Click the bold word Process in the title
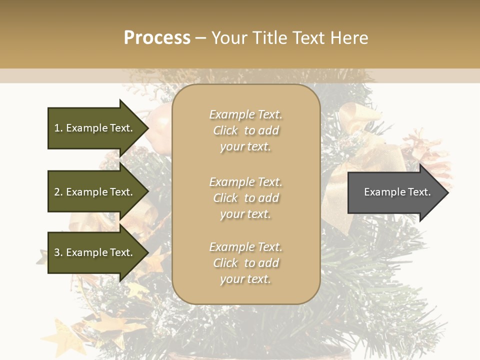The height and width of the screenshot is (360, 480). click(157, 38)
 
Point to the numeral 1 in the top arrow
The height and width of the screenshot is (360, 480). click(57, 128)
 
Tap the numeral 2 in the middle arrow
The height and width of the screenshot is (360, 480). click(57, 192)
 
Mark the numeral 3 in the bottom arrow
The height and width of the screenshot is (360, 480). click(57, 252)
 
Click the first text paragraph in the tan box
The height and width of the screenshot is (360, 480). click(245, 130)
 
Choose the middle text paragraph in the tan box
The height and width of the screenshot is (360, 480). click(245, 197)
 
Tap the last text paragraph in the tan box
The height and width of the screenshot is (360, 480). click(245, 263)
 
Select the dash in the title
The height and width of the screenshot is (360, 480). click(201, 38)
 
